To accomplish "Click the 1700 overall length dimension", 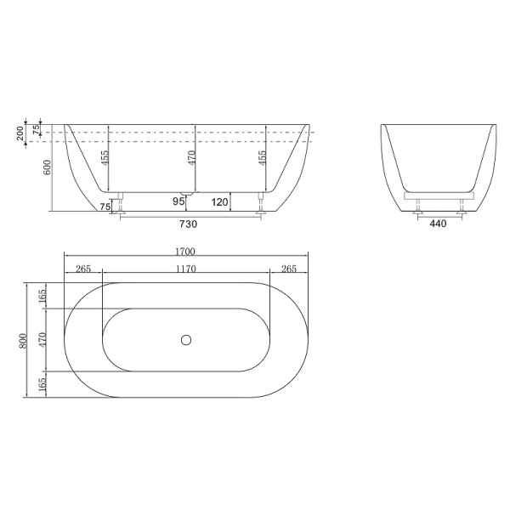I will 186,251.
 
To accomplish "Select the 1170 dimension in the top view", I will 186,269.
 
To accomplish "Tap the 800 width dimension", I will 25,339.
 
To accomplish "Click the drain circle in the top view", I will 186,340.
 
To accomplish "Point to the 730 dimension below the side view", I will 189,224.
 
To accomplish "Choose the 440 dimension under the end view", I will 437,224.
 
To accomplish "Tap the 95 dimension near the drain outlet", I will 178,201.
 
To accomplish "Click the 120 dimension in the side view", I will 219,201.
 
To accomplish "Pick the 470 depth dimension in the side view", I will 191,157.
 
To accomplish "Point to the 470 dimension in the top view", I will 42,339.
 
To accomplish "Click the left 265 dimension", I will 83,269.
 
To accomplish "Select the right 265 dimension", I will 288,269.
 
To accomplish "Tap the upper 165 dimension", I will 42,297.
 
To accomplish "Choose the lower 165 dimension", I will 42,384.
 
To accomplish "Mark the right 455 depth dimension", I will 262,157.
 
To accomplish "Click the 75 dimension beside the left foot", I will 105,206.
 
